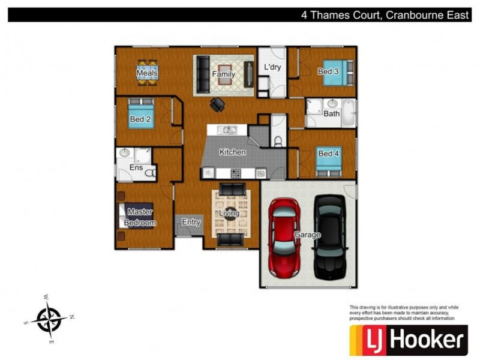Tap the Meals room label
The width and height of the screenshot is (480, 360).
pos(147,74)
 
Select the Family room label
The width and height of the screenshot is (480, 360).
pos(223,74)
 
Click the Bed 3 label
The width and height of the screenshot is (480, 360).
pos(328,71)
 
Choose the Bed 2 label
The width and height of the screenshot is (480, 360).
pos(140,119)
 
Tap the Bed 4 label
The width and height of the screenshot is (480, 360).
pos(329,154)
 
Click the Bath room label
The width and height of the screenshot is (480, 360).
pos(331,113)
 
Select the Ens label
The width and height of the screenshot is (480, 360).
pos(136,167)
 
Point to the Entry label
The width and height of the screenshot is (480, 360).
pos(191,222)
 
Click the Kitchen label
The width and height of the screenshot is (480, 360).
pos(232,152)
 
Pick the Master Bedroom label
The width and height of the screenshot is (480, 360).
pos(140,217)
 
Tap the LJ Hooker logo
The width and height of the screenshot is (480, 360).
pos(409,340)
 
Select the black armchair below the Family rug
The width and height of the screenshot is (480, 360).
pos(217,104)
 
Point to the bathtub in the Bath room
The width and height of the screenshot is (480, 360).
pos(348,112)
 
